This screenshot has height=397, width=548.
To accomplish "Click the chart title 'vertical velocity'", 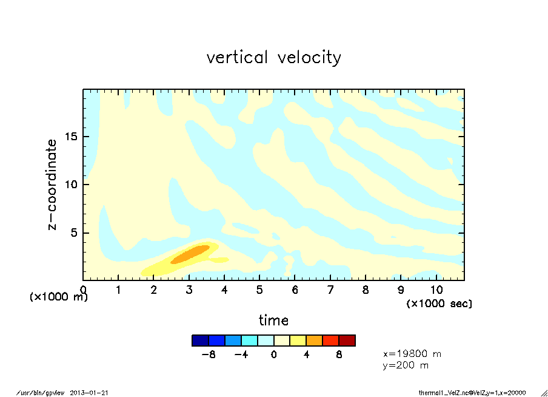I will (x=273, y=58).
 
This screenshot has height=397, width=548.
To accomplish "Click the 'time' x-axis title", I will (x=273, y=320).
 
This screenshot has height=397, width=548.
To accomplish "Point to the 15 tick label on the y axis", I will (x=72, y=136).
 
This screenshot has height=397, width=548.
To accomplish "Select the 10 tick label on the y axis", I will (x=72, y=185).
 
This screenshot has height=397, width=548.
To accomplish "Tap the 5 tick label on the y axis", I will (x=75, y=233).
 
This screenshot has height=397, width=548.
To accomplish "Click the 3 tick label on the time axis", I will (x=189, y=289).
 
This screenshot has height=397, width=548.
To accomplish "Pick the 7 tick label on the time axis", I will (x=330, y=289).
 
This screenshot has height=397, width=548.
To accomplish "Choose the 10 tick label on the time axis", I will (x=436, y=289).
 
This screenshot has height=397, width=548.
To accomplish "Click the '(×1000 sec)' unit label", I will (x=439, y=303).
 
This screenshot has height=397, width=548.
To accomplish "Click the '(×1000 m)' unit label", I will (x=59, y=297).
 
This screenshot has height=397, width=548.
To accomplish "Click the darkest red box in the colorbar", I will (x=347, y=341).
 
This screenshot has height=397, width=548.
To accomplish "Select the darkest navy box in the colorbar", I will (x=200, y=341).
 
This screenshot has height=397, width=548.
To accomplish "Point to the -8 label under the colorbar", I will (x=209, y=355).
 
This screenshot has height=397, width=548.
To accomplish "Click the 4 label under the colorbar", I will (x=306, y=355).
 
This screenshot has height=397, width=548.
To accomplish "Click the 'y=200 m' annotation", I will (x=406, y=365).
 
